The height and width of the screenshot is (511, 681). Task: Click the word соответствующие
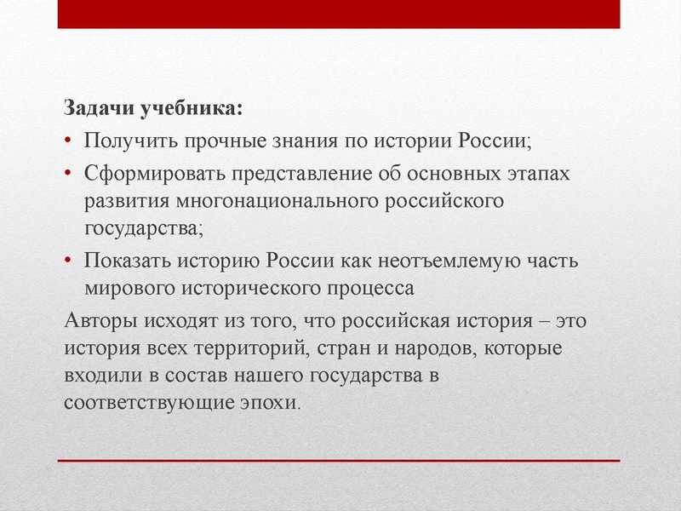(x=146, y=403)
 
